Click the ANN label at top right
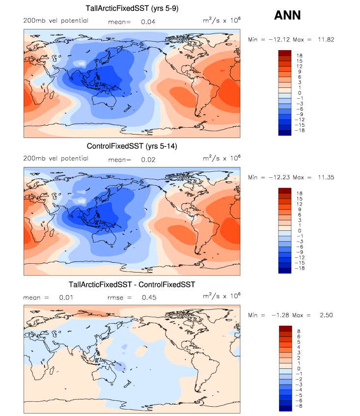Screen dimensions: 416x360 point(287,15)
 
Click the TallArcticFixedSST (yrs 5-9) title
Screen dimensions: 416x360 point(132,8)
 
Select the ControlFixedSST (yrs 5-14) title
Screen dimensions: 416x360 point(132,146)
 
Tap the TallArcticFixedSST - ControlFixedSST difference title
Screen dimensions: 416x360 point(132,284)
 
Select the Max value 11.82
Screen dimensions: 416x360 point(326,39)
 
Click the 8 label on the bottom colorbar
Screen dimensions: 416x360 point(299,332)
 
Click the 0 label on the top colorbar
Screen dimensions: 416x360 point(299,93)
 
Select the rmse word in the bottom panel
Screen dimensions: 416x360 point(114,297)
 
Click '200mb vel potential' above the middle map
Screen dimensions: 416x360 point(55,158)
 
